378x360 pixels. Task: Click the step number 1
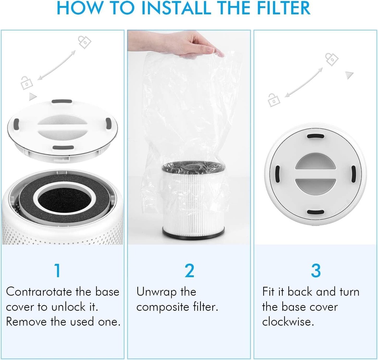point(57,271)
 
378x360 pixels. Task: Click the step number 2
point(189,271)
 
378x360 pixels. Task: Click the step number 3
point(316,271)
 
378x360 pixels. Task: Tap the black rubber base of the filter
point(193,233)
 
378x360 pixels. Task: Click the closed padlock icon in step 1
point(85,42)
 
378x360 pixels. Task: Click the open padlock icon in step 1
point(27,83)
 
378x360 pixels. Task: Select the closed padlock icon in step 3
point(331,59)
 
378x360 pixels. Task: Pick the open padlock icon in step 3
point(274,99)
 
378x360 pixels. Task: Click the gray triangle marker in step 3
point(349,75)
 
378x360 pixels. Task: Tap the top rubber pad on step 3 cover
point(315,136)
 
